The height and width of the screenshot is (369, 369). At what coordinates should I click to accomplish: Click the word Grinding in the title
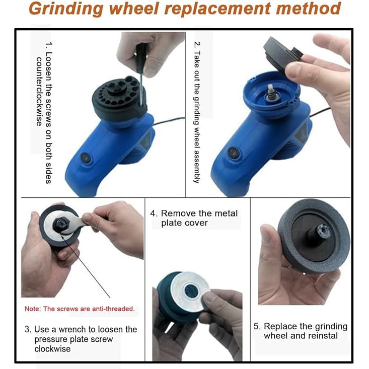point(66,9)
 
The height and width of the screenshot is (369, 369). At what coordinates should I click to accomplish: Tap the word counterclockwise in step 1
point(39,91)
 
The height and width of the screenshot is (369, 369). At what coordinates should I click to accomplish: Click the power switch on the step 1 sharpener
point(86,158)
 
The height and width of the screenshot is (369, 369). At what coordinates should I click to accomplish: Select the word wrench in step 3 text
point(72,329)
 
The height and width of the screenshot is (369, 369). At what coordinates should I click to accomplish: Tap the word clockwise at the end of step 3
point(52,349)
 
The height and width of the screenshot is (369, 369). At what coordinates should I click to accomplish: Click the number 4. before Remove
point(154,213)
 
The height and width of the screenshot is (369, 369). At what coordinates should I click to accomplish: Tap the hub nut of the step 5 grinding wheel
point(322,231)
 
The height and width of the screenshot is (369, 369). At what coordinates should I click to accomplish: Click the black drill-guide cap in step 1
point(119,98)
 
